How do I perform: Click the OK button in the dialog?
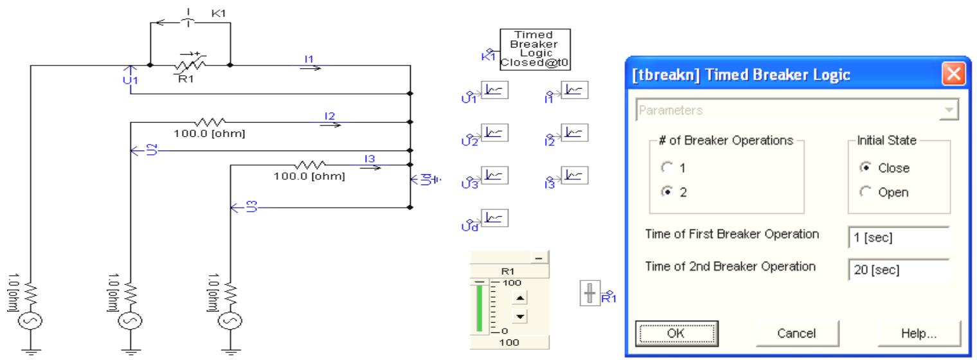pos(676,333)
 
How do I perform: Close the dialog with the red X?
pos(953,75)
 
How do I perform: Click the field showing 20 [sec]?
pos(898,269)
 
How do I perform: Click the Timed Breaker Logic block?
pos(535,48)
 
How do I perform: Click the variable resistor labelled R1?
pos(190,65)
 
